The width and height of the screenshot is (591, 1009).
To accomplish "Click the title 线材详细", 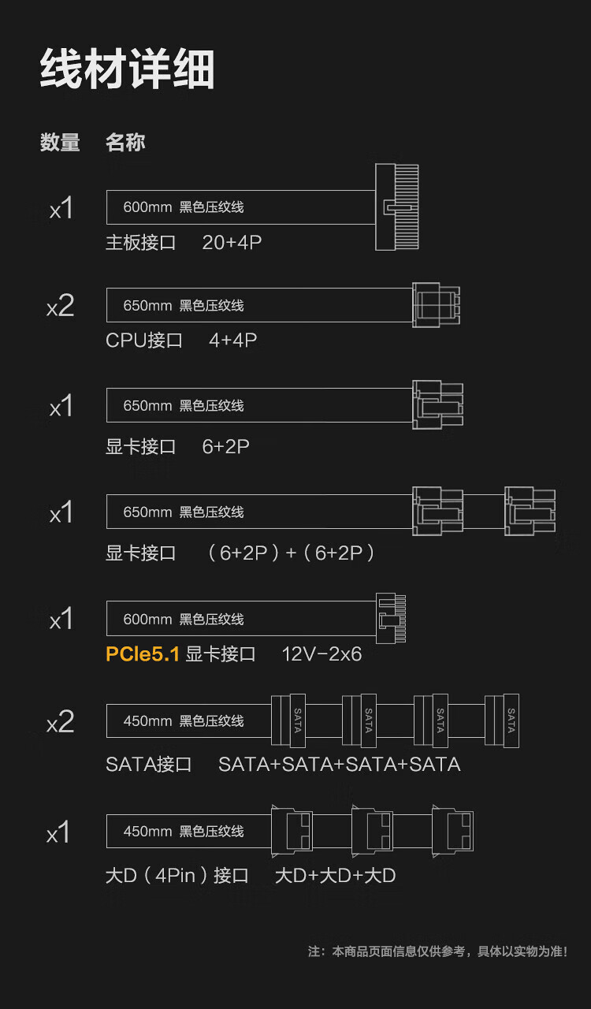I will [x=127, y=69].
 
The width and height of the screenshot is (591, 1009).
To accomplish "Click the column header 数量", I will [x=60, y=143].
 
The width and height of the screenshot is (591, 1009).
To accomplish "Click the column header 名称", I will [x=125, y=143].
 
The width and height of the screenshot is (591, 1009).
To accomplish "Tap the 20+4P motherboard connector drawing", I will [x=396, y=207].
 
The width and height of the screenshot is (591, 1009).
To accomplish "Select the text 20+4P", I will [x=232, y=243].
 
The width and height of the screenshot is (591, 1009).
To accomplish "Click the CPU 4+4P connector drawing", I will [x=437, y=304].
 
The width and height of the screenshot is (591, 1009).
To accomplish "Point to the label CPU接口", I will [x=144, y=341].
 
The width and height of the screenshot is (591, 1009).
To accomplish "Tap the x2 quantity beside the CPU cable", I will [x=60, y=306].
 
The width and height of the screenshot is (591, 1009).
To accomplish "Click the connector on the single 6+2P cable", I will [x=437, y=405].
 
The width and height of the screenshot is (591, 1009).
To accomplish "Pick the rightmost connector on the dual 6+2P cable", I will [x=530, y=512].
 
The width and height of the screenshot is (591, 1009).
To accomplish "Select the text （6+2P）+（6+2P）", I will [x=290, y=553].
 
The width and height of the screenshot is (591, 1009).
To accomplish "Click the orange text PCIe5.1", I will [x=143, y=653].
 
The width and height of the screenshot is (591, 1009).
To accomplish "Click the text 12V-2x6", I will [x=322, y=654].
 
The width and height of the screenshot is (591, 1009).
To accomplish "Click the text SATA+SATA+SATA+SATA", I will [x=339, y=765].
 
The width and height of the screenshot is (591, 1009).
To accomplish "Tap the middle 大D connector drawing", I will [x=372, y=831].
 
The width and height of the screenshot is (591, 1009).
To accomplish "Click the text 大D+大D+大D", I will [x=335, y=876].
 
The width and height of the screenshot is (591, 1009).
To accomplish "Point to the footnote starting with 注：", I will [x=437, y=951].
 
